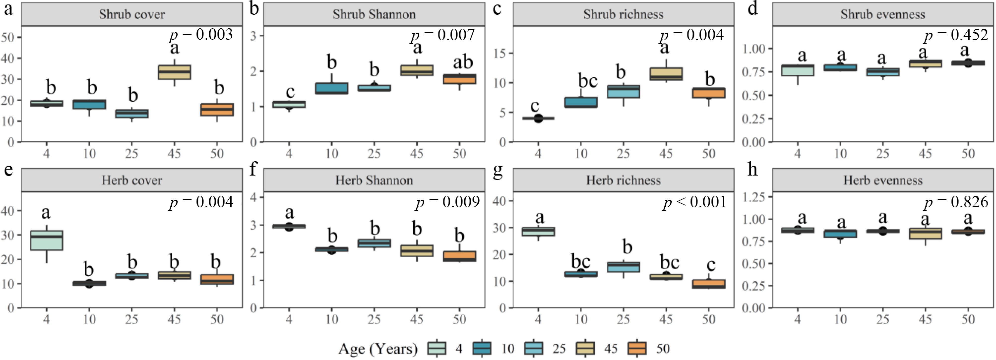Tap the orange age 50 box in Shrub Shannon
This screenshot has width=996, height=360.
click(x=459, y=79)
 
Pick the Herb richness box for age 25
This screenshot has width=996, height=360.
click(x=623, y=267)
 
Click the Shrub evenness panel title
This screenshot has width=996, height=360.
click(x=882, y=15)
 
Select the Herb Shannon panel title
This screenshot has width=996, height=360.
click(x=374, y=180)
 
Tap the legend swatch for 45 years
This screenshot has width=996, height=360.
click(x=585, y=348)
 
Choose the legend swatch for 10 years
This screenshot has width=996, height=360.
click(x=482, y=348)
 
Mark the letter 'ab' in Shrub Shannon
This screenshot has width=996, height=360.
click(x=463, y=62)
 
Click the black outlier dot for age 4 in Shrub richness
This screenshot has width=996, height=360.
click(x=538, y=118)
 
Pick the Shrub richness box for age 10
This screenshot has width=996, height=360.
click(x=581, y=102)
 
